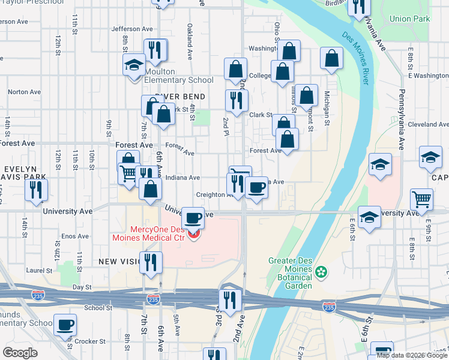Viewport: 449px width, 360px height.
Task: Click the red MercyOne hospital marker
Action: point(193,235)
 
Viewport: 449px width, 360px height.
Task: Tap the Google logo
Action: point(20,353)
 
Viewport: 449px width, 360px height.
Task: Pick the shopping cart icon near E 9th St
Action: point(422,199)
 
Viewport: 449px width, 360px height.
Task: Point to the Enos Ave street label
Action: point(75,236)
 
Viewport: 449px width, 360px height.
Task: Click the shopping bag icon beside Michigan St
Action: point(331,58)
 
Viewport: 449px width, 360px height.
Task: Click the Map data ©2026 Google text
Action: point(412,355)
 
